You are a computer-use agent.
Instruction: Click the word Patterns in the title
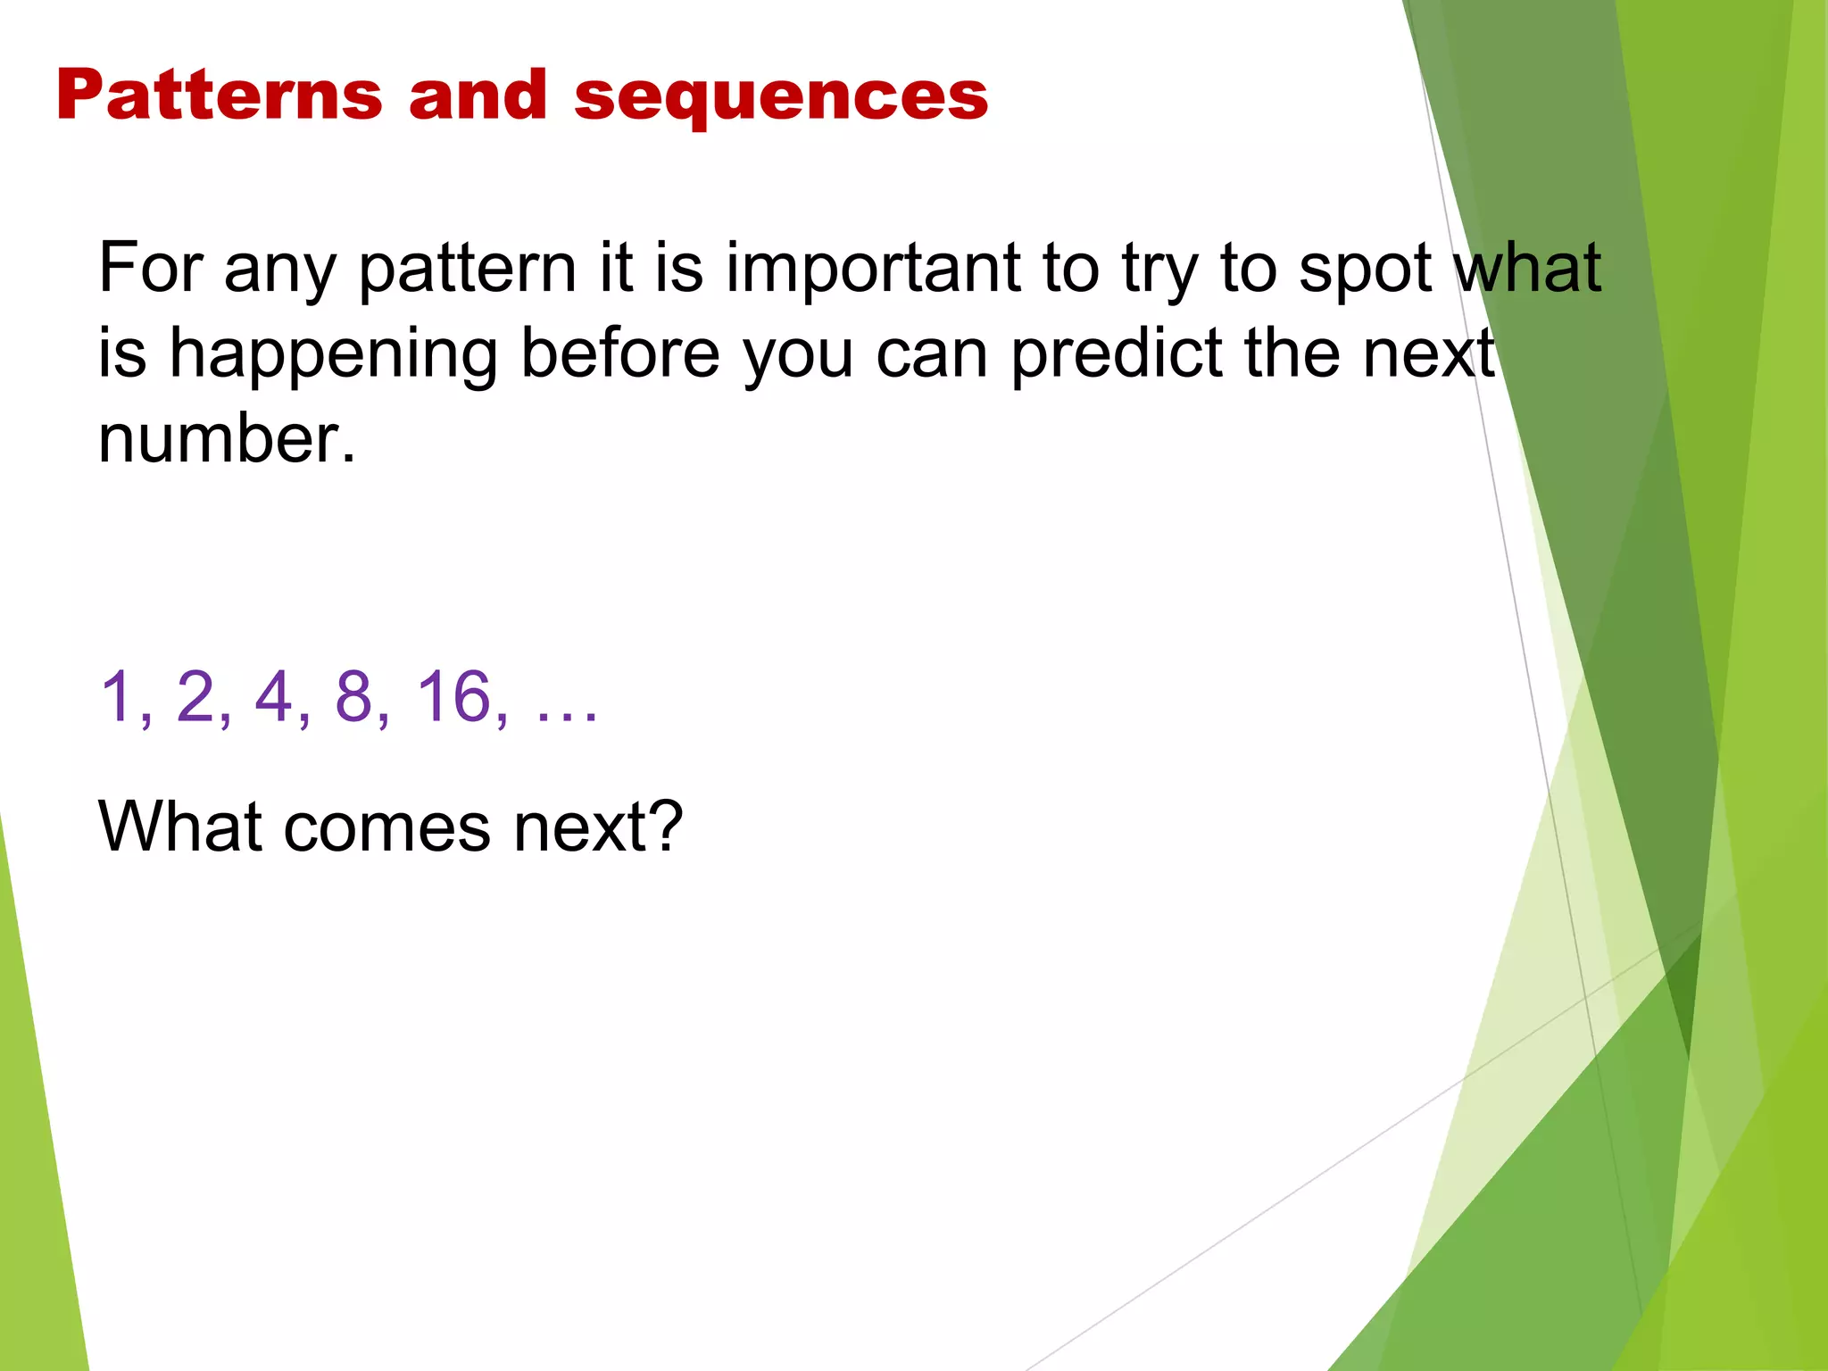click(219, 96)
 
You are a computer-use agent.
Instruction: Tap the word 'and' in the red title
click(478, 96)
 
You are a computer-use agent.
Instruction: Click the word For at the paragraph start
click(151, 267)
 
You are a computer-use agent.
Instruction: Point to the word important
click(873, 269)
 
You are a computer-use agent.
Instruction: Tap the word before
click(619, 353)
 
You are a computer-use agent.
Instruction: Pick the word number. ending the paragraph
click(227, 439)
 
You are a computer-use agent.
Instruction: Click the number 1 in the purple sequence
click(117, 696)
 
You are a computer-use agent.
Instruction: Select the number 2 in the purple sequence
click(195, 696)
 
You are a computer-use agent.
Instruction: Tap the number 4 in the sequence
click(274, 696)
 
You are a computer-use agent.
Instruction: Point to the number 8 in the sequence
click(353, 696)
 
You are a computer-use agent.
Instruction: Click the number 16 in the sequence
click(454, 696)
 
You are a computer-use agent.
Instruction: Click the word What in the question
click(179, 827)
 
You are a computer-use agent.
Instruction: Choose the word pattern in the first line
click(468, 269)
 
